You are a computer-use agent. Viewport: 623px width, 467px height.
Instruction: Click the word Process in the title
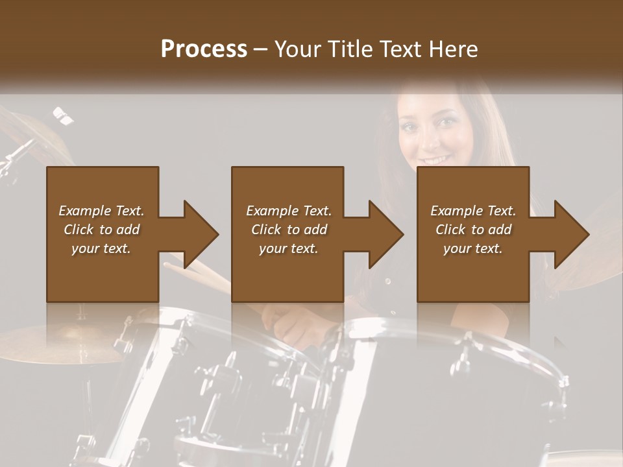point(204,49)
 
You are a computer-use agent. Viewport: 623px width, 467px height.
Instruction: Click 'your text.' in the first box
point(101,248)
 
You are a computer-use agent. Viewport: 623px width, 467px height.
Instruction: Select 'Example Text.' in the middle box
point(288,211)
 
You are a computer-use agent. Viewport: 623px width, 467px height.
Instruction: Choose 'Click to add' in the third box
point(473,230)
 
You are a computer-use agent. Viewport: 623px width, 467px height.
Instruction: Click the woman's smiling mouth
point(435,160)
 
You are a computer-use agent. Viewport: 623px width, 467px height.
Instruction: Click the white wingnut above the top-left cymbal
point(63,115)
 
